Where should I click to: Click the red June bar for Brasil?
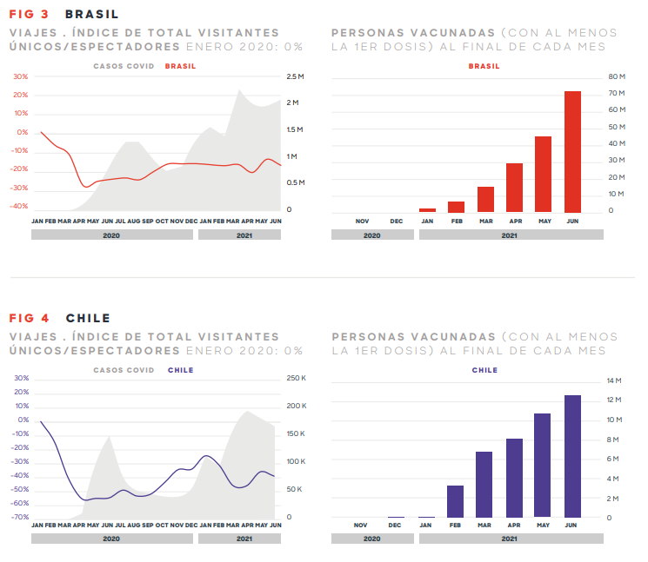click(x=572, y=152)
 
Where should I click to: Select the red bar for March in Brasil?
click(x=485, y=200)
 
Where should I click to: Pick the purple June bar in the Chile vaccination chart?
click(x=572, y=456)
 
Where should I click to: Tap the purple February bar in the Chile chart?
click(x=455, y=501)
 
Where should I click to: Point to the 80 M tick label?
click(x=616, y=76)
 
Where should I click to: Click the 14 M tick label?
click(x=614, y=380)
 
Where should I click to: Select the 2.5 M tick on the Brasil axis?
click(x=295, y=76)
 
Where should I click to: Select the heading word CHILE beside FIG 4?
click(x=88, y=318)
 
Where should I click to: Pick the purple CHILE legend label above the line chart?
click(x=180, y=370)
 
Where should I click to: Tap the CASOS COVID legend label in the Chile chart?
click(x=124, y=370)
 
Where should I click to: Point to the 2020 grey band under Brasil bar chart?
click(x=371, y=235)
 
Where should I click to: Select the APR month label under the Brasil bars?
click(x=515, y=221)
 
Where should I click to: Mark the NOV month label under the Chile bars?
click(x=362, y=525)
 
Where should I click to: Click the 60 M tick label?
click(x=616, y=110)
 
